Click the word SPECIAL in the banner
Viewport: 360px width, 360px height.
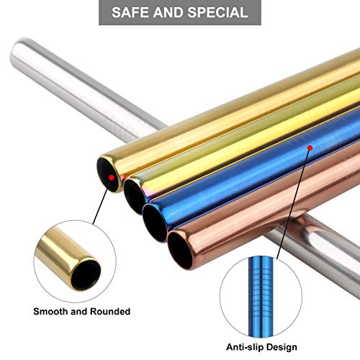[218, 12]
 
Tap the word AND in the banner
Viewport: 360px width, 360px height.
[169, 12]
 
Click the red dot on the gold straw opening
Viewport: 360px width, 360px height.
[111, 178]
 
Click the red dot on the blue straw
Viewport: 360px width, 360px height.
[310, 148]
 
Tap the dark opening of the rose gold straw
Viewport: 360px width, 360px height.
[181, 250]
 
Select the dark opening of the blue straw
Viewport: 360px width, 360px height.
[156, 222]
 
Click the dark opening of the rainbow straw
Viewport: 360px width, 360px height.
[135, 197]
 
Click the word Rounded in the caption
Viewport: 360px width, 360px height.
[110, 312]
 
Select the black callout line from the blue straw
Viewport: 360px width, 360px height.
[293, 204]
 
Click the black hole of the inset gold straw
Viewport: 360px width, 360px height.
[86, 274]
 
